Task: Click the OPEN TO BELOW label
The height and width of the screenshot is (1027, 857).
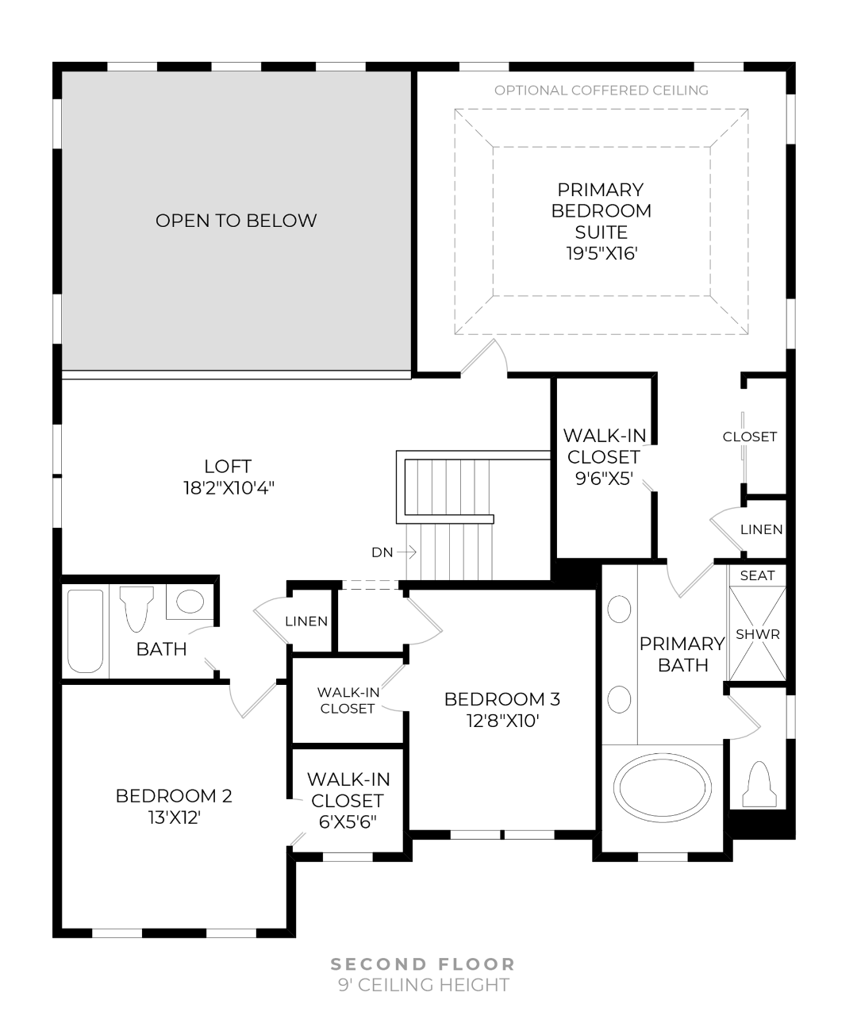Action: point(236,221)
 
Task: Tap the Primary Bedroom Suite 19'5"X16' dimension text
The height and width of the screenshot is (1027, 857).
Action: point(601,254)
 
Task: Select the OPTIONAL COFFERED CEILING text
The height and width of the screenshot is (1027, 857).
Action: point(601,90)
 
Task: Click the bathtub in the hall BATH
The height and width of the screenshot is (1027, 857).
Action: point(85,631)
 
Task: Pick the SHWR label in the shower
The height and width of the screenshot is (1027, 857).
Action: point(757,635)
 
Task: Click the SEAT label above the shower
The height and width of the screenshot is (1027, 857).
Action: point(757,575)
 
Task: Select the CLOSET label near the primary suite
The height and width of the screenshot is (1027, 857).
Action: point(749,437)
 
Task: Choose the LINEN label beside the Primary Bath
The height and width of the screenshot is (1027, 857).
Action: point(761,529)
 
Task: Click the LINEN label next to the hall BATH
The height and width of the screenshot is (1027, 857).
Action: point(306,621)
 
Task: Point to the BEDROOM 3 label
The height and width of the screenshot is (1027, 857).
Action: point(502,699)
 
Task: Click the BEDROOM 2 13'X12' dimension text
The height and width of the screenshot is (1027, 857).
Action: point(174,817)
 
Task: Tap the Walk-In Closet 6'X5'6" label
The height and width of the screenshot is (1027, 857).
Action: point(348,801)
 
